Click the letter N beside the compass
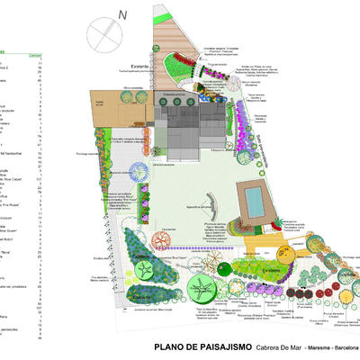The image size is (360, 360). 123,14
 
